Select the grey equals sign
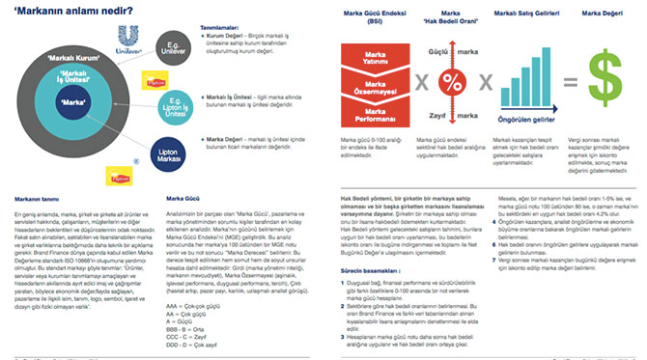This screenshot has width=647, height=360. (570, 83)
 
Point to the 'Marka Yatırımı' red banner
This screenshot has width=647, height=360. (368, 59)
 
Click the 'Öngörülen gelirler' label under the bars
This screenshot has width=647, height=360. (527, 120)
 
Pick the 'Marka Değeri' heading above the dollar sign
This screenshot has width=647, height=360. (605, 14)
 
